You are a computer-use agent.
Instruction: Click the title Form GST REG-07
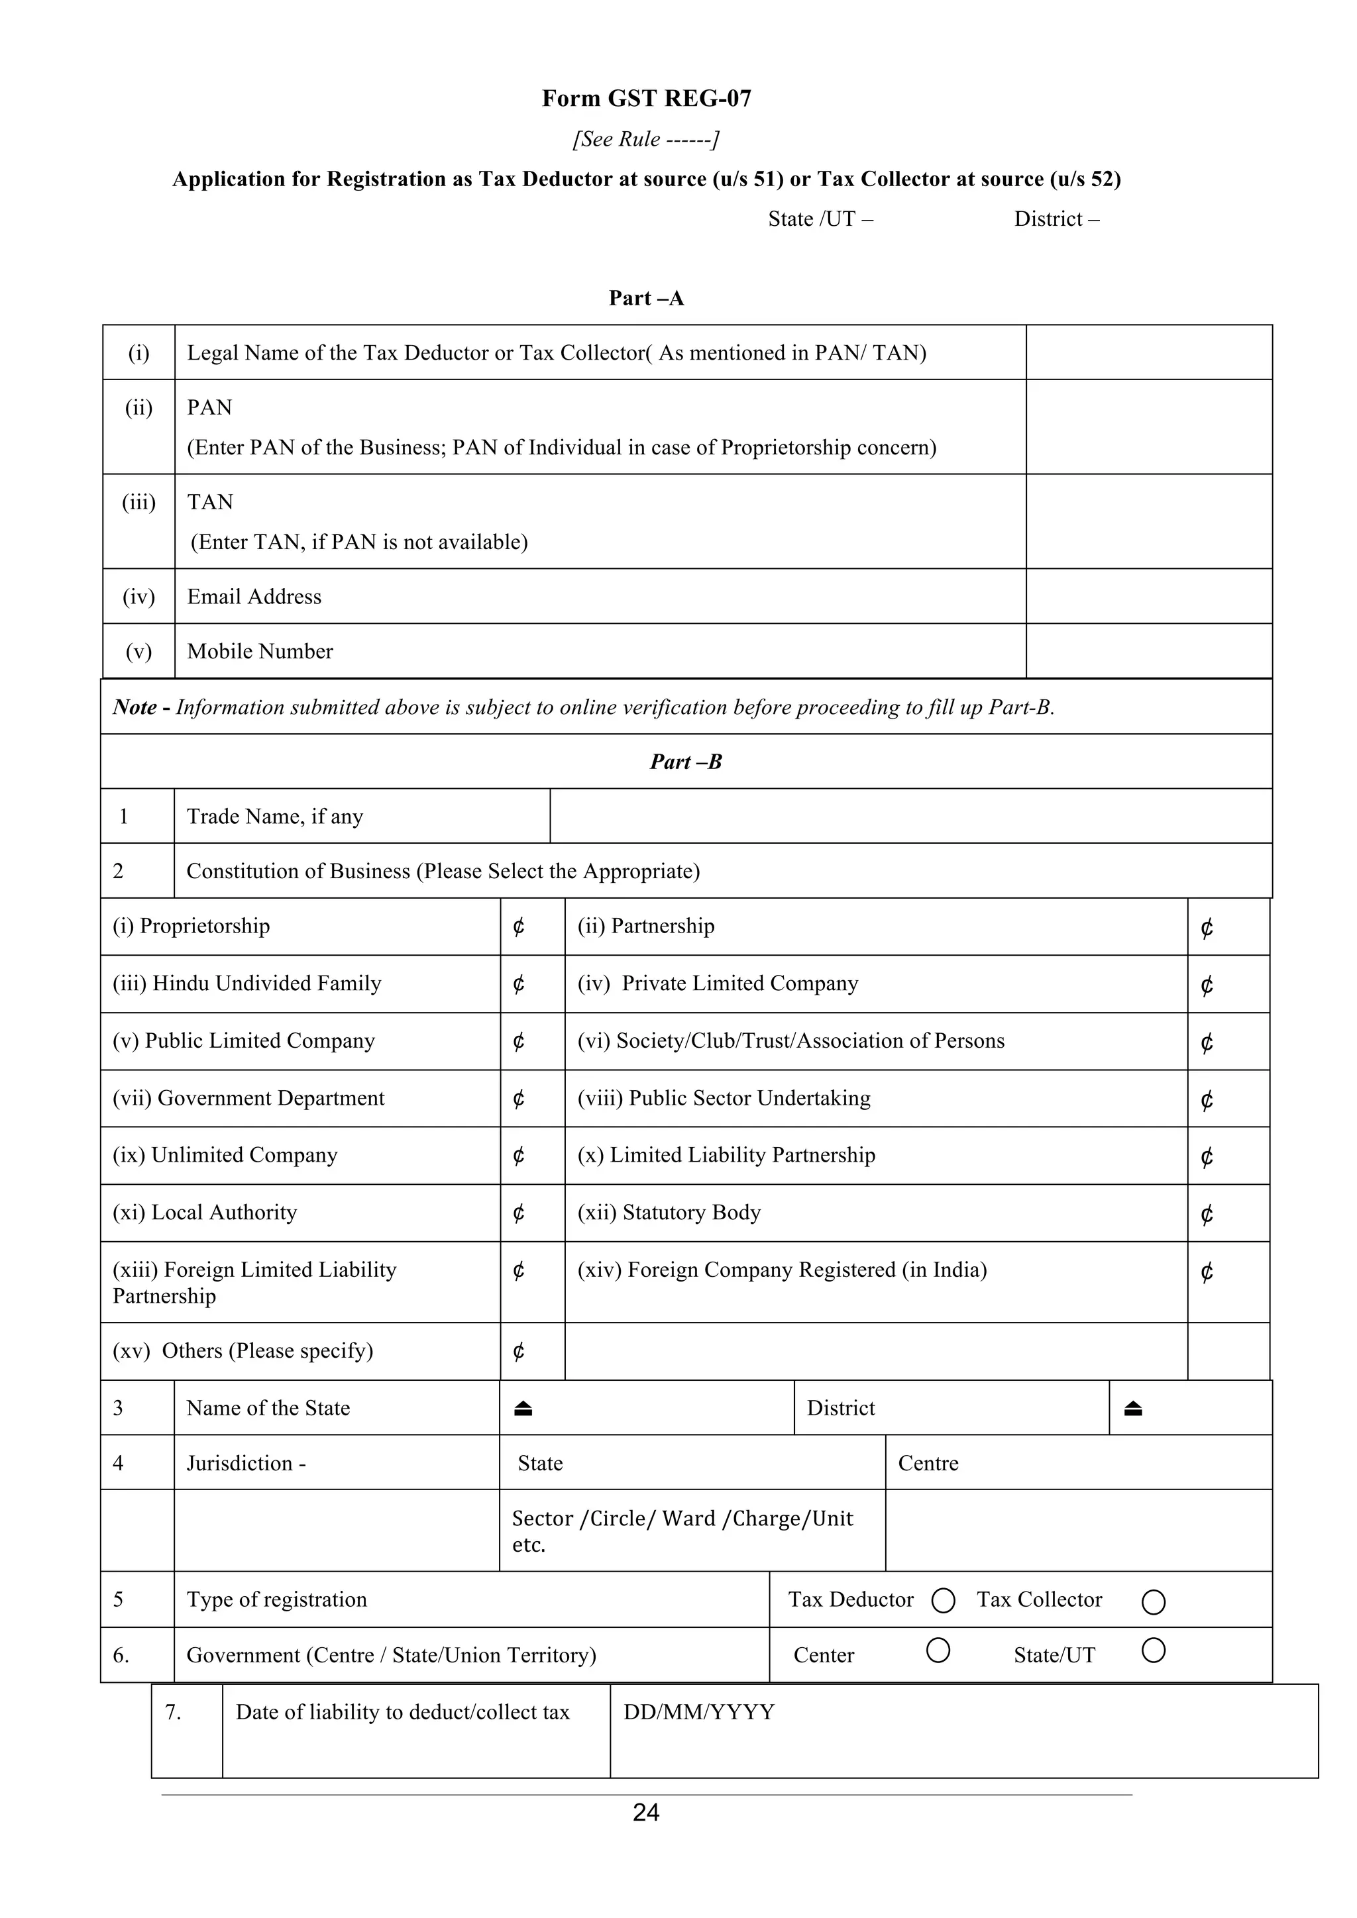tap(646, 99)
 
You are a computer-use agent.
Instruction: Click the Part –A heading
tap(646, 298)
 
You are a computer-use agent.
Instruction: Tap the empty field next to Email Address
tap(1148, 597)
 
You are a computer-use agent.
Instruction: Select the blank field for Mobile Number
tap(1148, 651)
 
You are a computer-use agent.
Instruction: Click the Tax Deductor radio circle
tap(943, 1601)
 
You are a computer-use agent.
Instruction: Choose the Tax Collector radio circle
tap(1153, 1601)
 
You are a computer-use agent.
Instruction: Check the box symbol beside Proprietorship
tap(518, 927)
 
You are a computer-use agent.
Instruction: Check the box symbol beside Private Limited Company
tap(1206, 985)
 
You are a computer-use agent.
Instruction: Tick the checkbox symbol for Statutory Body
tap(1206, 1214)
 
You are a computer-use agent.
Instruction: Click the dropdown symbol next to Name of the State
tap(523, 1409)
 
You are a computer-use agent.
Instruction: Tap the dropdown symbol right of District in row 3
tap(1133, 1409)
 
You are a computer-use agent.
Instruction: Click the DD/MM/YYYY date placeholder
tap(698, 1713)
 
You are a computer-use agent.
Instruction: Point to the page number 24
tap(646, 1812)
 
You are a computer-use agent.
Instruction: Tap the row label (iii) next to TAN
tap(138, 502)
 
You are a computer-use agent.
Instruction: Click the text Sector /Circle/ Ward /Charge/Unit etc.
tap(682, 1531)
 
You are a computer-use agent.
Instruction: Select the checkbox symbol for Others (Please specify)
tap(518, 1351)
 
